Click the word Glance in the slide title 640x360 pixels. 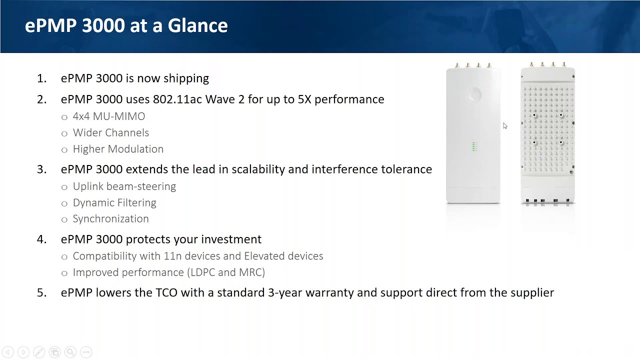[x=197, y=25]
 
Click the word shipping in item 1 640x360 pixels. [x=186, y=78]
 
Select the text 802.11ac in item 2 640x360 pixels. [x=177, y=99]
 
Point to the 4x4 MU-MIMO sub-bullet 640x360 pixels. [x=109, y=116]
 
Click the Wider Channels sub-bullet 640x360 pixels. [x=111, y=132]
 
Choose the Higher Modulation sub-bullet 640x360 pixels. [x=118, y=149]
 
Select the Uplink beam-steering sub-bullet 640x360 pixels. [x=124, y=186]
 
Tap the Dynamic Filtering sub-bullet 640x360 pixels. [x=114, y=202]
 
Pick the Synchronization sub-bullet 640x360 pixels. [x=111, y=219]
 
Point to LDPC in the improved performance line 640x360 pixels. [x=202, y=272]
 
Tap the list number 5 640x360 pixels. [x=41, y=293]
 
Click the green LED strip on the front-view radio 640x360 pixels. [x=473, y=146]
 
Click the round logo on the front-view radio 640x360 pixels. [x=475, y=94]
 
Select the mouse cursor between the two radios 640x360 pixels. [x=505, y=126]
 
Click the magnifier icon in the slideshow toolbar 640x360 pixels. [x=70, y=352]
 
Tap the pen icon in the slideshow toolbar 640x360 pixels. [x=39, y=352]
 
